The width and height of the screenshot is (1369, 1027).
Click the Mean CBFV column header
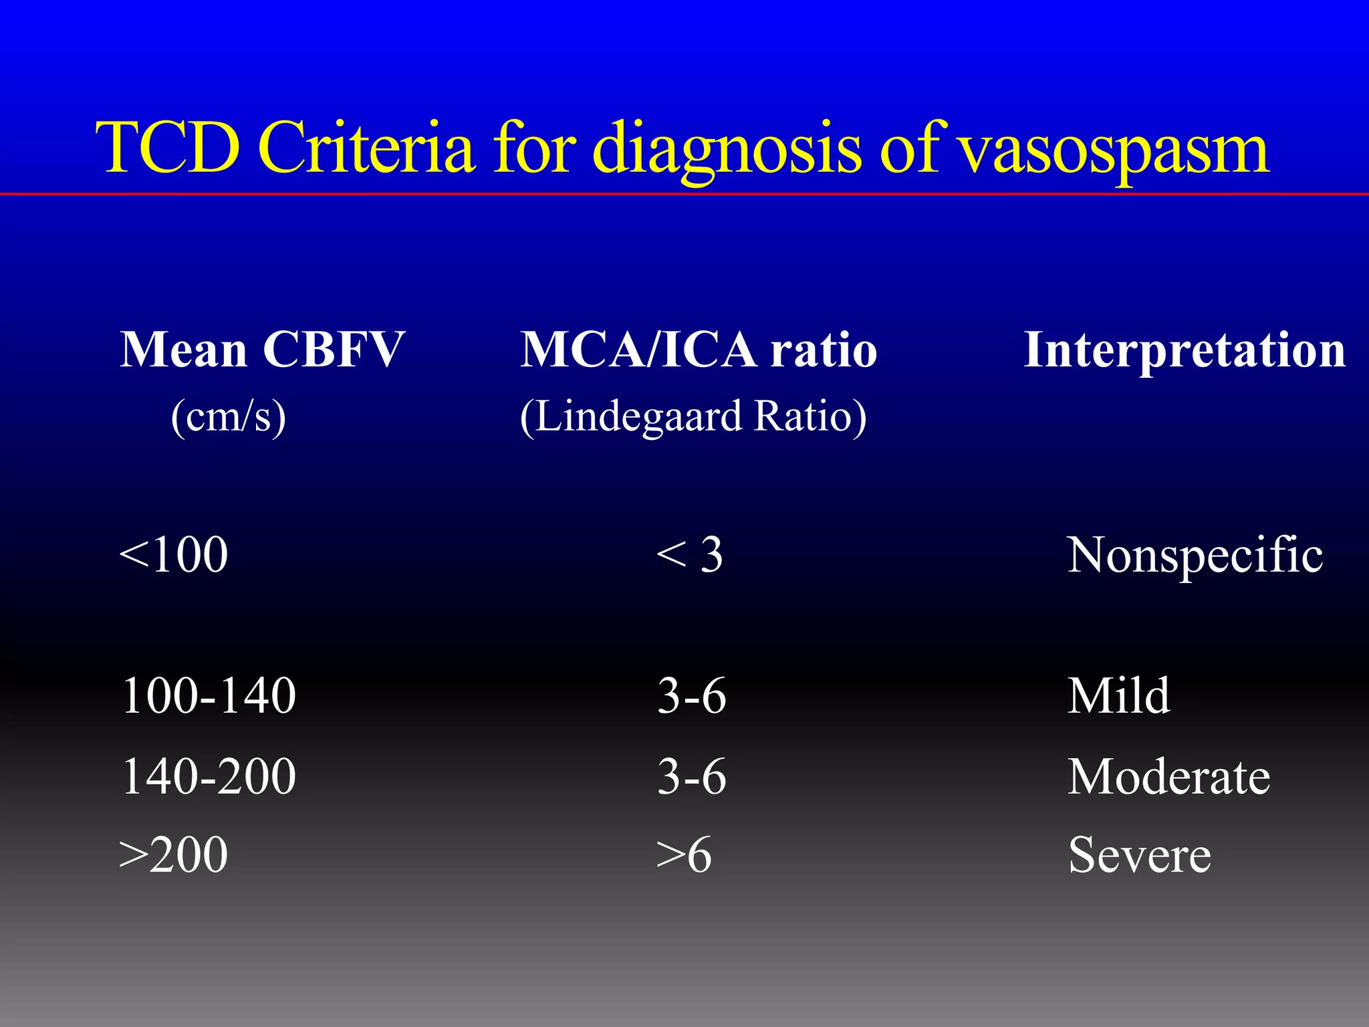[262, 350]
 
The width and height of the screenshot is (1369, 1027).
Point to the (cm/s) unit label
[229, 417]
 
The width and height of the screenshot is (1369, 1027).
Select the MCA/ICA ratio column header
[699, 350]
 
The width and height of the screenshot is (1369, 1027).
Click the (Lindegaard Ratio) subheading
[693, 417]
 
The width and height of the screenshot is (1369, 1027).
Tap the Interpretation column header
[1185, 351]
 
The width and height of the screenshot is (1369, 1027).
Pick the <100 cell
[173, 555]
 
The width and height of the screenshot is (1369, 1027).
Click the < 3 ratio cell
[689, 555]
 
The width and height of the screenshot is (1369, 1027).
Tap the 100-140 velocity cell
[209, 696]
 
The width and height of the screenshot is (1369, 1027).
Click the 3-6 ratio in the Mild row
[691, 696]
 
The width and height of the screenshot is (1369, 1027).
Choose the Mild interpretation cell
[1118, 696]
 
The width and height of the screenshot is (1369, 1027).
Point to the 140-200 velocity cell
[209, 776]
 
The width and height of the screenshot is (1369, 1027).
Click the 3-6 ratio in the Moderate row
[691, 776]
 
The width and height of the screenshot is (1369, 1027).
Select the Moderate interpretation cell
[1168, 776]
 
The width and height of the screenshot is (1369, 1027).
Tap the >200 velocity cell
[173, 855]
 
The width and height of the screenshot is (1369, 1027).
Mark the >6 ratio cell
[683, 855]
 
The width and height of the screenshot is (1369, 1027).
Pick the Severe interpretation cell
[1139, 855]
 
